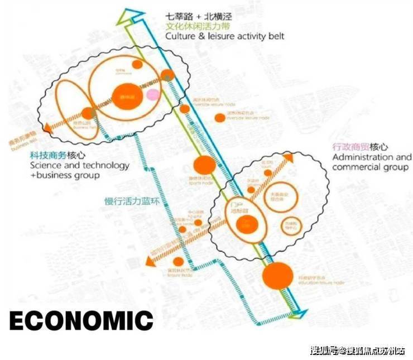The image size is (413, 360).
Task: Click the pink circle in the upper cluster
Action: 152,94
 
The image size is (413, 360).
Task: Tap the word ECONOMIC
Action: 81,320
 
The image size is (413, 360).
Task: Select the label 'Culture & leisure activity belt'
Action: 224,36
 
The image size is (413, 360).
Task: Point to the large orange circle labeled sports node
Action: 204,165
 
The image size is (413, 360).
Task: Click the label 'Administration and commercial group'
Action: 371,162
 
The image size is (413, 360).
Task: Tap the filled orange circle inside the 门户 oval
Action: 244,225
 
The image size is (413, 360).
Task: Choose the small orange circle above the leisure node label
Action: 178,261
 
